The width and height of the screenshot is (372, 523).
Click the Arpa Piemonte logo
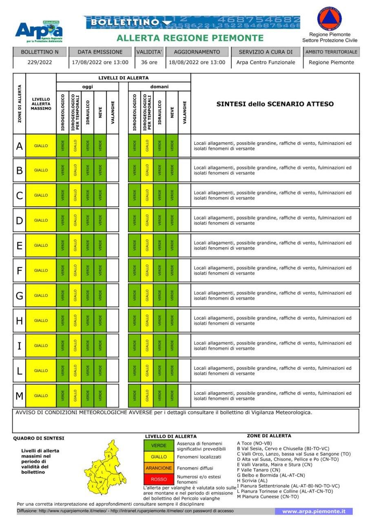tap(39, 31)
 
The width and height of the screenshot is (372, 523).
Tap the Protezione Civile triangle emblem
tap(330, 19)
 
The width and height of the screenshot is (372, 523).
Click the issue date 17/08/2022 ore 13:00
tap(100, 63)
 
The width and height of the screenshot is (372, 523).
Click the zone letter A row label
tap(19, 146)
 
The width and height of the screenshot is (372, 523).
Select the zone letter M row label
tap(19, 396)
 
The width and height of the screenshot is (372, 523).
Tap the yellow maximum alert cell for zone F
tap(41, 270)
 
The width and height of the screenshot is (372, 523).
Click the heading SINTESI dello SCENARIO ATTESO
tap(275, 104)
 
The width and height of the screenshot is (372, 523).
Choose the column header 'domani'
tap(159, 87)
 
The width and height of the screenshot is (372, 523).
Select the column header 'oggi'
tap(87, 87)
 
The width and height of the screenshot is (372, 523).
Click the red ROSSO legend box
tap(159, 479)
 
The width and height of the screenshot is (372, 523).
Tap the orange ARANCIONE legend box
tap(159, 468)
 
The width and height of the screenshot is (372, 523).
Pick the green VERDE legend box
tap(159, 445)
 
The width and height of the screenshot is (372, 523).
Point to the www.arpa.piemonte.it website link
tap(314, 511)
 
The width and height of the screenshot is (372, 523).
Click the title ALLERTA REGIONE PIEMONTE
tap(190, 38)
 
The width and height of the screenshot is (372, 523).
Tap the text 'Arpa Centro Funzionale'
tap(266, 63)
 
